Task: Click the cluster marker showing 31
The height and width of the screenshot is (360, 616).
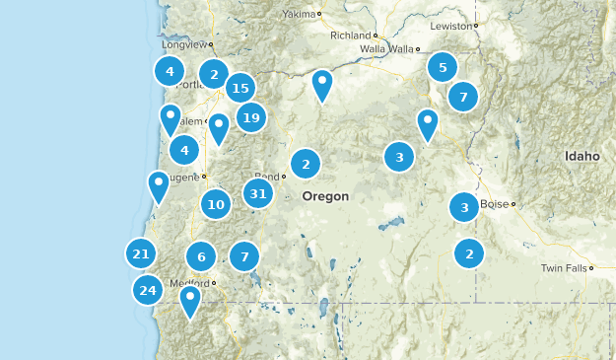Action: (x=259, y=194)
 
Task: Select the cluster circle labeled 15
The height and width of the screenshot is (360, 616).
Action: (x=240, y=89)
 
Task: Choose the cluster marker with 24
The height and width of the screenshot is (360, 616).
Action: (x=148, y=290)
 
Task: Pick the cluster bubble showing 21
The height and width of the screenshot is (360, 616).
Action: (x=141, y=254)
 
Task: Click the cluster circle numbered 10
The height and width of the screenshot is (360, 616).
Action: (x=216, y=205)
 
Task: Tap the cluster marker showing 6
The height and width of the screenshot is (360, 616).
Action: (x=201, y=257)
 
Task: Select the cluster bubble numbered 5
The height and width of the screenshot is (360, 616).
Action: (x=443, y=67)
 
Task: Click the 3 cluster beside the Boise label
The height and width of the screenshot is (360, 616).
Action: (x=464, y=207)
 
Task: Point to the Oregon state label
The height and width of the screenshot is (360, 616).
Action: (x=325, y=196)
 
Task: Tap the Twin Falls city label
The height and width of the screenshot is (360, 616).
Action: (x=563, y=268)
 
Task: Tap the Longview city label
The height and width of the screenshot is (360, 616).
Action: (x=184, y=44)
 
